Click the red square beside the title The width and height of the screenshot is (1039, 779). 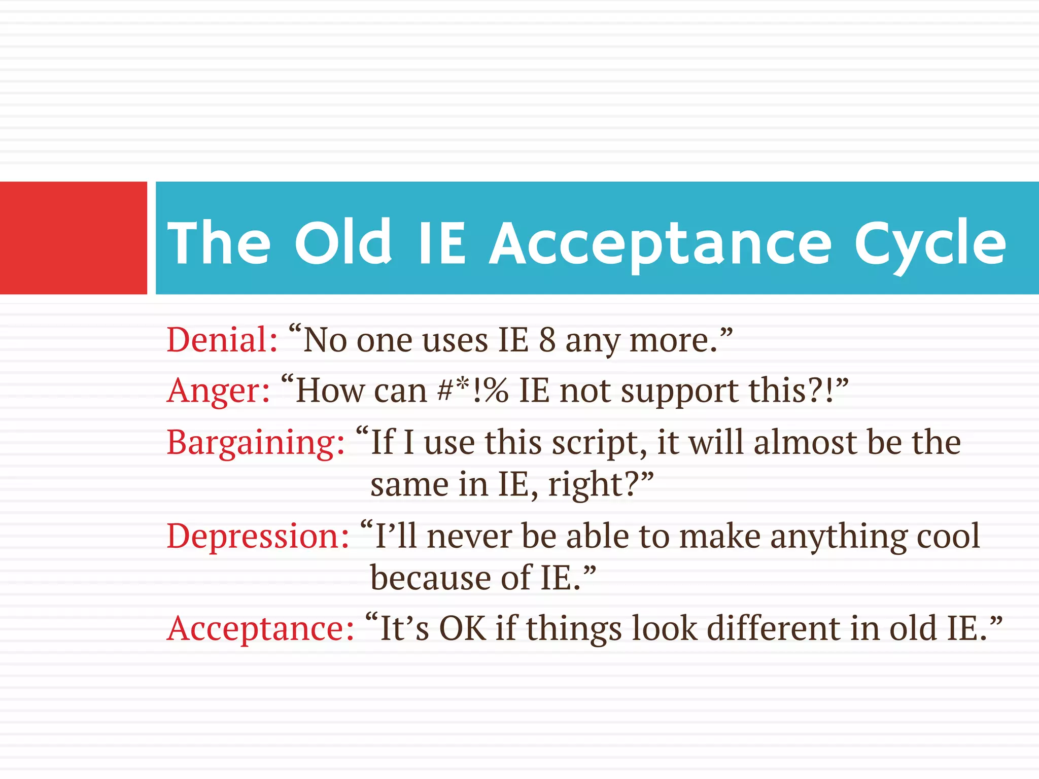click(x=73, y=237)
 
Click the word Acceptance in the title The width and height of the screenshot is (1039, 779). click(x=660, y=243)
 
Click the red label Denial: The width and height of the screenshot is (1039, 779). click(x=222, y=339)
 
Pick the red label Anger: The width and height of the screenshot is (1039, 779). click(x=219, y=391)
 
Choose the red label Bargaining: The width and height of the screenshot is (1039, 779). click(x=256, y=443)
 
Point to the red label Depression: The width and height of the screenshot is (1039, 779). click(x=258, y=536)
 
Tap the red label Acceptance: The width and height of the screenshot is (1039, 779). click(x=260, y=629)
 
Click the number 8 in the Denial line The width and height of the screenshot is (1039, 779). click(x=547, y=339)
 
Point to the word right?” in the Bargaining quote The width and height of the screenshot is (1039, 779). click(x=601, y=485)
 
